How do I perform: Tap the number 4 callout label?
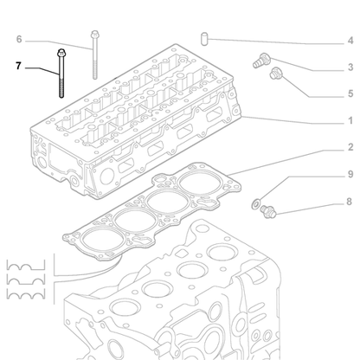pyautogui.click(x=350, y=40)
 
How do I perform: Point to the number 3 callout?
pyautogui.click(x=350, y=67)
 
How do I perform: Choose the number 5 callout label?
pyautogui.click(x=350, y=93)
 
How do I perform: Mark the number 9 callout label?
pyautogui.click(x=350, y=175)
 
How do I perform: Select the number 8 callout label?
pyautogui.click(x=350, y=202)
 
